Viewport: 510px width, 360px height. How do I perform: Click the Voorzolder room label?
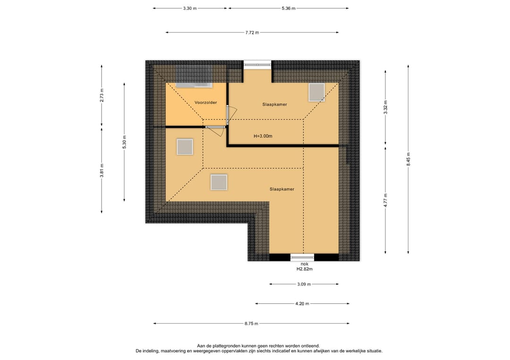click(205, 102)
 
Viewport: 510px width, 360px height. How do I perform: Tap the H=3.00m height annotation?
click(263, 136)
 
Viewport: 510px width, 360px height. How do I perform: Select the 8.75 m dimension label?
click(251, 324)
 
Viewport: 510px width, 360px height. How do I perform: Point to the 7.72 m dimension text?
click(252, 33)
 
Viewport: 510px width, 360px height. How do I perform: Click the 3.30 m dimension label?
click(190, 8)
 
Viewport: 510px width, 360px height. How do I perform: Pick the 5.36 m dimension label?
click(289, 8)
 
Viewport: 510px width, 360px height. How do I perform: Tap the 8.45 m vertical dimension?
click(408, 159)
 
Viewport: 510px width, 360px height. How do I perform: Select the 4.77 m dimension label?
click(385, 200)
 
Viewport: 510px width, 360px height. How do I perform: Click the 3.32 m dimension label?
click(385, 107)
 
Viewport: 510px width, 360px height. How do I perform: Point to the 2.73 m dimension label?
click(102, 95)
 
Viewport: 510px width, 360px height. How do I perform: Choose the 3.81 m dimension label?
click(102, 171)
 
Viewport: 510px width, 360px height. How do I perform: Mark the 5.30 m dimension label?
click(124, 142)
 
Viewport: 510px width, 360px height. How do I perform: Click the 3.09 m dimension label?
click(304, 285)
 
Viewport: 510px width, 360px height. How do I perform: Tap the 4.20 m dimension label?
click(302, 304)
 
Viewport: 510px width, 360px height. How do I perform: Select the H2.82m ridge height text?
click(305, 269)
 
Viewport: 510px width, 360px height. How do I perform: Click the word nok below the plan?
click(305, 264)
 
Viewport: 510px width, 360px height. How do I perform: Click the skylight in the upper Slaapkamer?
click(316, 92)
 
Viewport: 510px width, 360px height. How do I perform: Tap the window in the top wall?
click(258, 65)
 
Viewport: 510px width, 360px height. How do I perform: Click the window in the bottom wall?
click(302, 257)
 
